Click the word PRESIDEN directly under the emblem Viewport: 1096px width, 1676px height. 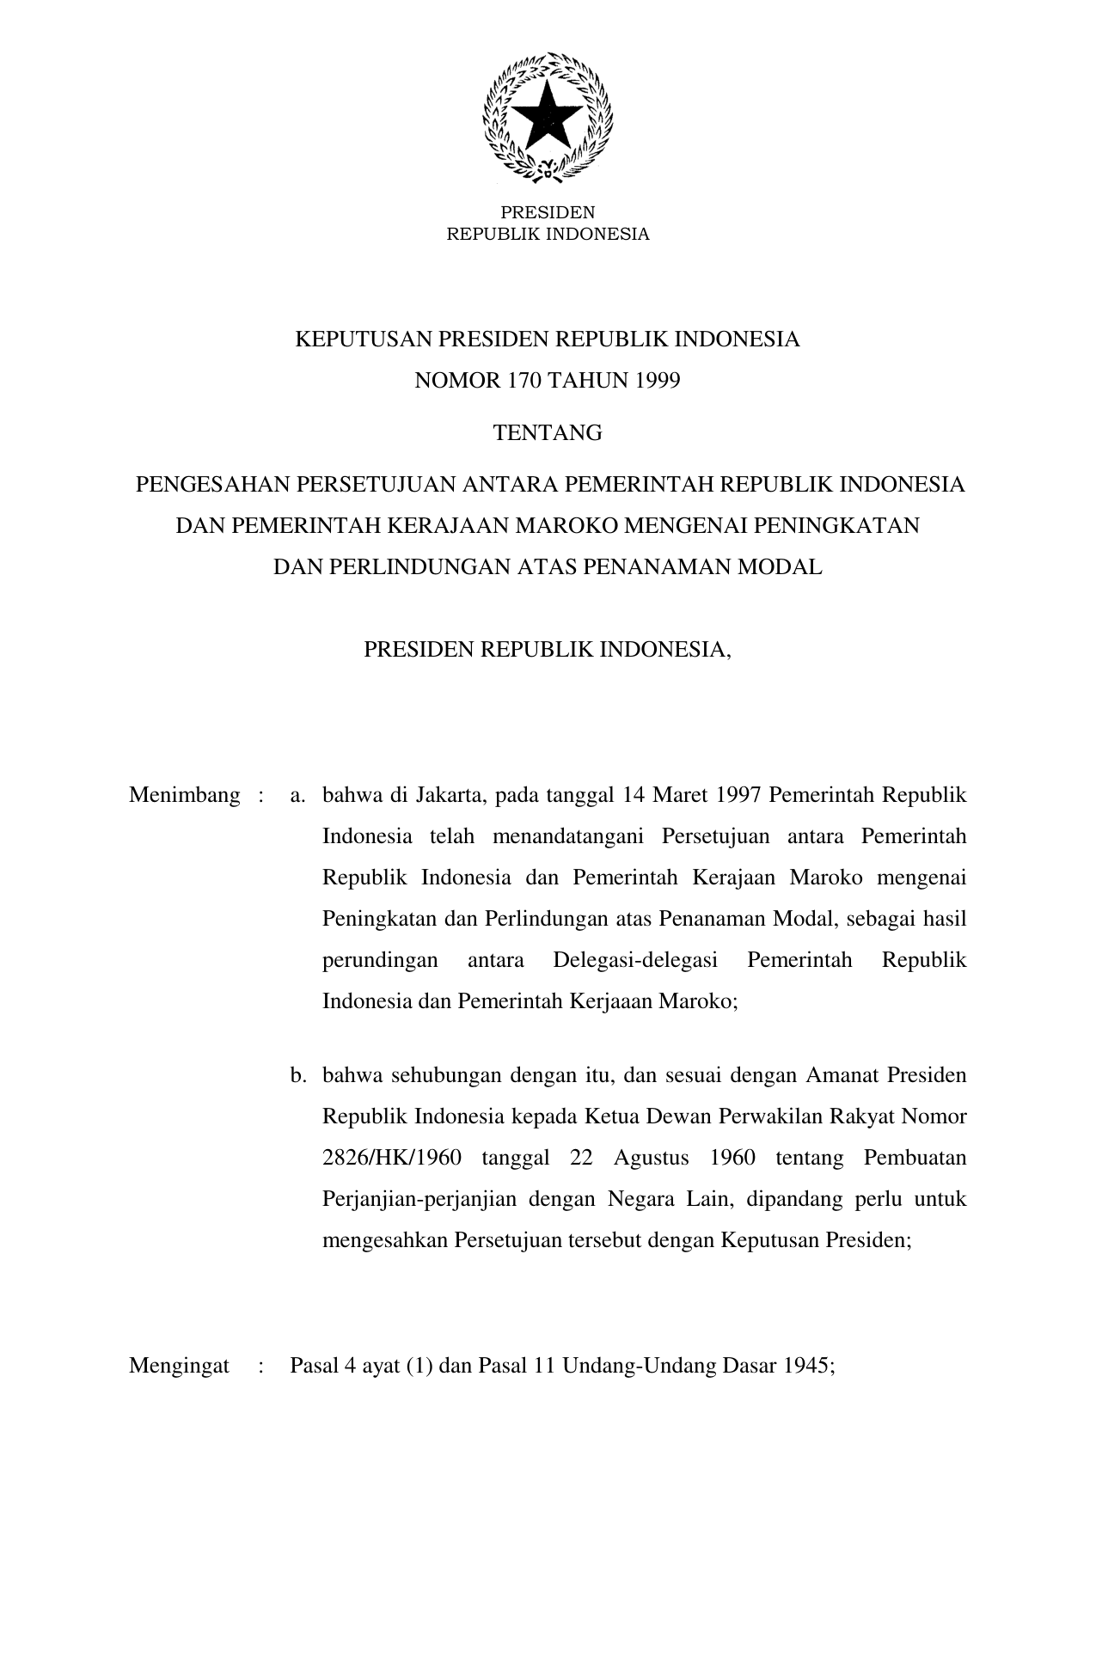coord(548,212)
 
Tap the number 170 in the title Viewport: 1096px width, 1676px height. coord(524,381)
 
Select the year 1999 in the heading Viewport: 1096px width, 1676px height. coord(658,381)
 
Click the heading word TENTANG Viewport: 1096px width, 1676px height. coord(548,432)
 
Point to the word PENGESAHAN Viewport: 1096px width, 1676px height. coord(213,484)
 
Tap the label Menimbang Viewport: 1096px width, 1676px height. coord(184,795)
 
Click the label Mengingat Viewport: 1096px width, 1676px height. coord(179,1367)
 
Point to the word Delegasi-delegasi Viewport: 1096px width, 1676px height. coord(635,960)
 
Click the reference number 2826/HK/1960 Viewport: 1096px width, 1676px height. coord(391,1158)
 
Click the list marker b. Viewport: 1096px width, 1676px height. coord(297,1075)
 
